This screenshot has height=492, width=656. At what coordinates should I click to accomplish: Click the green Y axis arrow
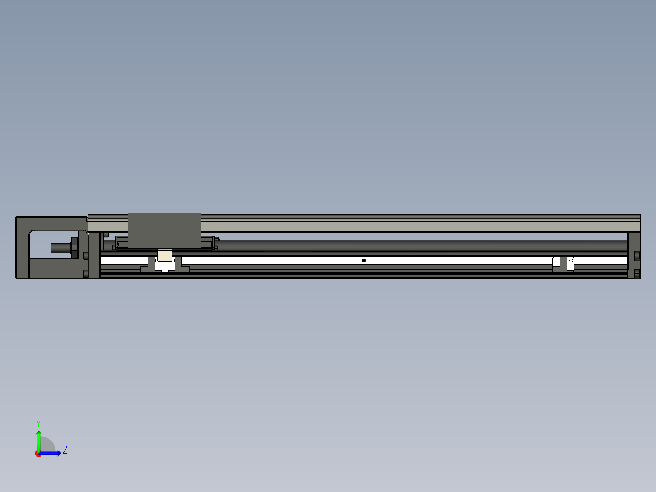38,440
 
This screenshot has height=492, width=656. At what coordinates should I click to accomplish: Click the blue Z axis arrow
52,453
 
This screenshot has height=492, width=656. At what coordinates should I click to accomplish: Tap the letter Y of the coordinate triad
38,423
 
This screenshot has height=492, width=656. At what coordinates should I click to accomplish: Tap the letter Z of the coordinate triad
65,451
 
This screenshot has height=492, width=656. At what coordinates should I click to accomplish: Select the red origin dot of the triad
38,454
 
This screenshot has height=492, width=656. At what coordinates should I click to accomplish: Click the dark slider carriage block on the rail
164,230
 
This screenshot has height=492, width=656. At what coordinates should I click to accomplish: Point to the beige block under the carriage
164,255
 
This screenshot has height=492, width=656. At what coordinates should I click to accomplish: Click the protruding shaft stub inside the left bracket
60,248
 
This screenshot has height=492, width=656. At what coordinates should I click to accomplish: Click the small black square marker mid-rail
364,261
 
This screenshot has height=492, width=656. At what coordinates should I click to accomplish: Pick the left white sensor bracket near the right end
556,262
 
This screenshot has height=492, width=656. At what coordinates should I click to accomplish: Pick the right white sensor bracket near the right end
571,262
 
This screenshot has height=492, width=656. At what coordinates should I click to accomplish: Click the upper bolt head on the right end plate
637,255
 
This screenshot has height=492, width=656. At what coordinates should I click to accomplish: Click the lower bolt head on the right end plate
637,273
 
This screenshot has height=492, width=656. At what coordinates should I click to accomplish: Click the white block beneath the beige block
164,265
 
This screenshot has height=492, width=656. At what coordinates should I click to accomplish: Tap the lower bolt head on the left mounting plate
86,273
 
